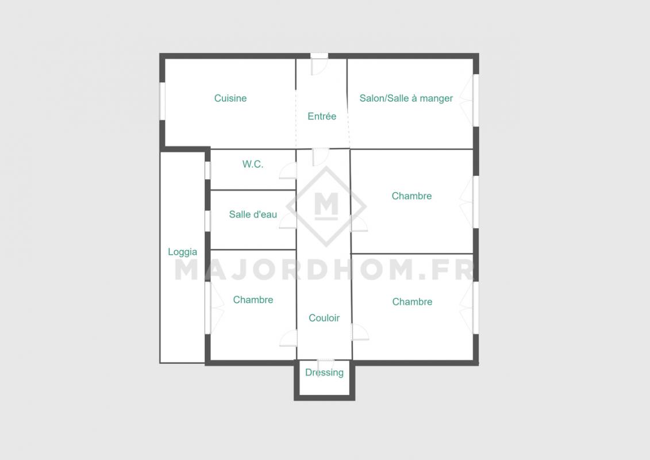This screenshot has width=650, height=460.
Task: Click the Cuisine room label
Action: click(230, 98)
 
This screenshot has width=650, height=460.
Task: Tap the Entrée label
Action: click(322, 117)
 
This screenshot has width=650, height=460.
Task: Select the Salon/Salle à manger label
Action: click(406, 98)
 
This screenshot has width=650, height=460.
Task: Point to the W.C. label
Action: click(253, 164)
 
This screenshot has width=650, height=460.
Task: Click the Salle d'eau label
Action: click(253, 214)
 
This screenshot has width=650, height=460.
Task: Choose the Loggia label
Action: click(182, 252)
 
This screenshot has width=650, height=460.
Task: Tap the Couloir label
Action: click(324, 318)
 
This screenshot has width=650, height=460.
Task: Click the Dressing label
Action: click(324, 373)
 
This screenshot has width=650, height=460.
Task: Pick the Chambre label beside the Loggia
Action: click(253, 300)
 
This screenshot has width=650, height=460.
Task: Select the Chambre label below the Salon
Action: click(411, 195)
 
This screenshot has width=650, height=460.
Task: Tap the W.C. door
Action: click(288, 171)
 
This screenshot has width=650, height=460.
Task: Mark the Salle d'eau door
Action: click(288, 221)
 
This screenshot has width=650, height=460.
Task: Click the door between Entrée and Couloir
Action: click(321, 157)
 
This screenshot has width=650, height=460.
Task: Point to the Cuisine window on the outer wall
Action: click(163, 101)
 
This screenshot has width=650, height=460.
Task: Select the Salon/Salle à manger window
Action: click(476, 101)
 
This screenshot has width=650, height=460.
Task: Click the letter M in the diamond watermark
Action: click(326, 206)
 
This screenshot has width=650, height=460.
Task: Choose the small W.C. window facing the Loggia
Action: click(207, 170)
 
